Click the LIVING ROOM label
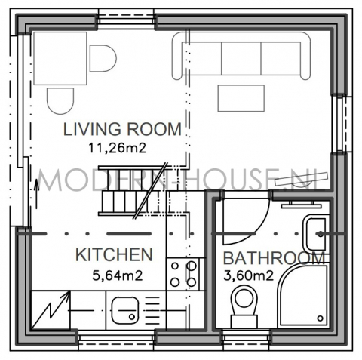click(x=122, y=129)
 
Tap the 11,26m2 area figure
click(x=117, y=148)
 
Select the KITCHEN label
click(x=114, y=254)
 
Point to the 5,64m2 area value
click(x=118, y=275)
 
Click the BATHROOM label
click(x=274, y=258)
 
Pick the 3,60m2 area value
click(x=248, y=276)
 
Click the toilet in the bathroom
click(x=244, y=306)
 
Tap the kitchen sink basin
click(x=125, y=310)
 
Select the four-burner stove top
click(x=183, y=274)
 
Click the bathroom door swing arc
click(x=262, y=227)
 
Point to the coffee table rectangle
click(x=241, y=98)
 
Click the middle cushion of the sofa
click(x=241, y=58)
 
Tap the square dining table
click(x=60, y=58)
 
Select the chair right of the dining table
click(x=103, y=59)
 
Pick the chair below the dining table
click(x=60, y=101)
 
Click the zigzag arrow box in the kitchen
click(x=51, y=310)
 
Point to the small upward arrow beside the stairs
click(x=37, y=194)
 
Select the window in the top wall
click(x=126, y=20)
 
